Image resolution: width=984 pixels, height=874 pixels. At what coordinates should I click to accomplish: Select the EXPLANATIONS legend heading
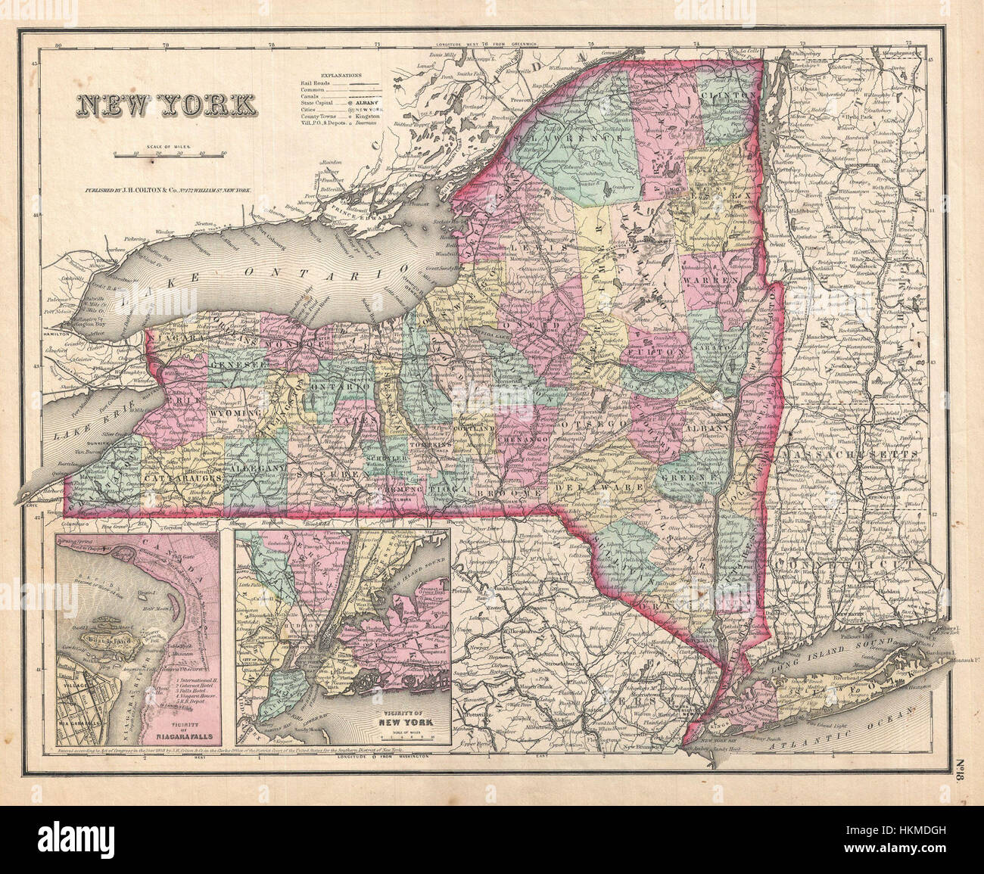click(341, 76)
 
